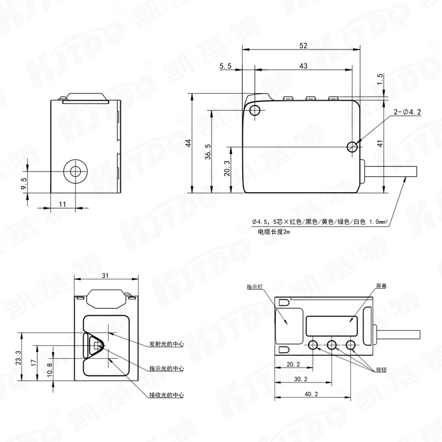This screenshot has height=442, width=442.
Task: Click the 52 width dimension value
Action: (x=303, y=45)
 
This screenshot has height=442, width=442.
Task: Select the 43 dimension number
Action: (x=303, y=65)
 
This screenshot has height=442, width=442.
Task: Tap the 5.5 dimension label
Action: (x=225, y=65)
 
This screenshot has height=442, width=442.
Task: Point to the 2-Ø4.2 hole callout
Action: (x=407, y=112)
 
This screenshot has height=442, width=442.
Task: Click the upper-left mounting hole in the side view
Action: (x=255, y=110)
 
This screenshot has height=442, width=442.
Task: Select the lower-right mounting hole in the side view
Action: (x=352, y=147)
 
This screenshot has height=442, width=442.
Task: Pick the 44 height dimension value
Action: (x=189, y=143)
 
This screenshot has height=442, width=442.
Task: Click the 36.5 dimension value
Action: (x=208, y=151)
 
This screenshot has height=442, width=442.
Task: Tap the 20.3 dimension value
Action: (x=227, y=169)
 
